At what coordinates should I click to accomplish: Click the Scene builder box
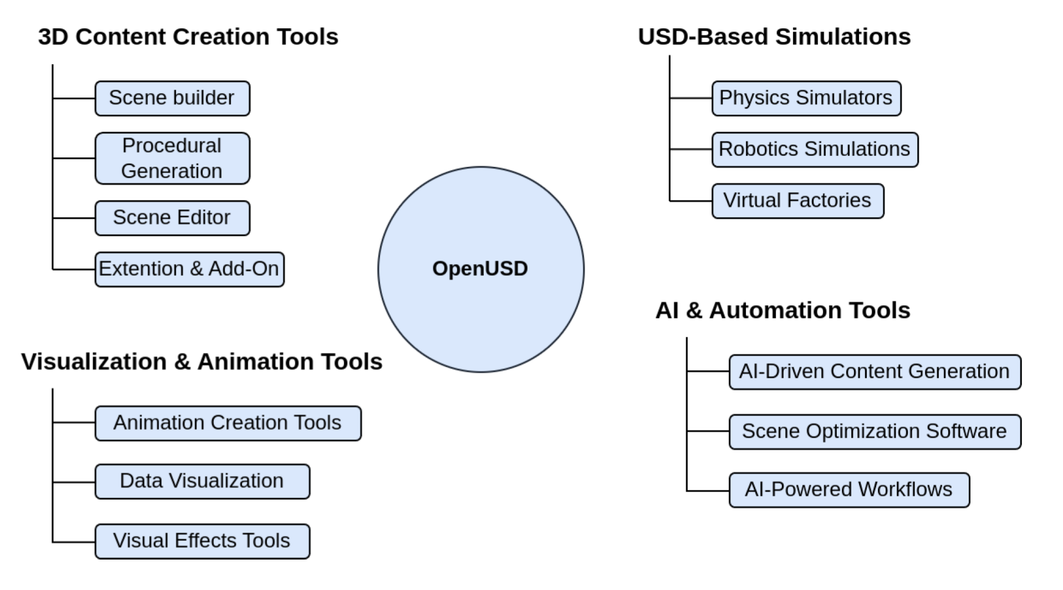tap(172, 98)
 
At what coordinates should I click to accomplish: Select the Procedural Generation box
tap(172, 158)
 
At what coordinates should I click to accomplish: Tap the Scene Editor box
tap(172, 218)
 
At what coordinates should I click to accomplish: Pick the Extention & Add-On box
tap(189, 269)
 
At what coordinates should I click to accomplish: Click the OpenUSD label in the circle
tap(480, 269)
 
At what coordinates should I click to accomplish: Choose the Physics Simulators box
tap(806, 98)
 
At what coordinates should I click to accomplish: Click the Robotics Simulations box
tap(814, 150)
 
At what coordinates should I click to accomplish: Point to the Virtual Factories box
tap(797, 201)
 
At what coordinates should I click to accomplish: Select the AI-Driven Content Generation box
tap(874, 372)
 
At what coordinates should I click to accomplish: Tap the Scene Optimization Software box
tap(874, 432)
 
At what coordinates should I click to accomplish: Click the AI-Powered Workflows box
tap(849, 490)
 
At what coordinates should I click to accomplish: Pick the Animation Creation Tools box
tap(227, 423)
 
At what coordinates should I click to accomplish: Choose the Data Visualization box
tap(202, 481)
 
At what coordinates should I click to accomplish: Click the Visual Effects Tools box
tap(202, 541)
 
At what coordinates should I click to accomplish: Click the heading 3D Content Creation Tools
tap(188, 37)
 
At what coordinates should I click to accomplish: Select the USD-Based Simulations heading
tap(774, 37)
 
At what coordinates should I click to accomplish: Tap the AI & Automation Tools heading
tap(782, 310)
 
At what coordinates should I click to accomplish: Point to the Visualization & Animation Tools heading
tap(202, 362)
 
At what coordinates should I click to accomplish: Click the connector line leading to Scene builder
tap(74, 98)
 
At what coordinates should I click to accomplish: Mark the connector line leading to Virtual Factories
tap(691, 201)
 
